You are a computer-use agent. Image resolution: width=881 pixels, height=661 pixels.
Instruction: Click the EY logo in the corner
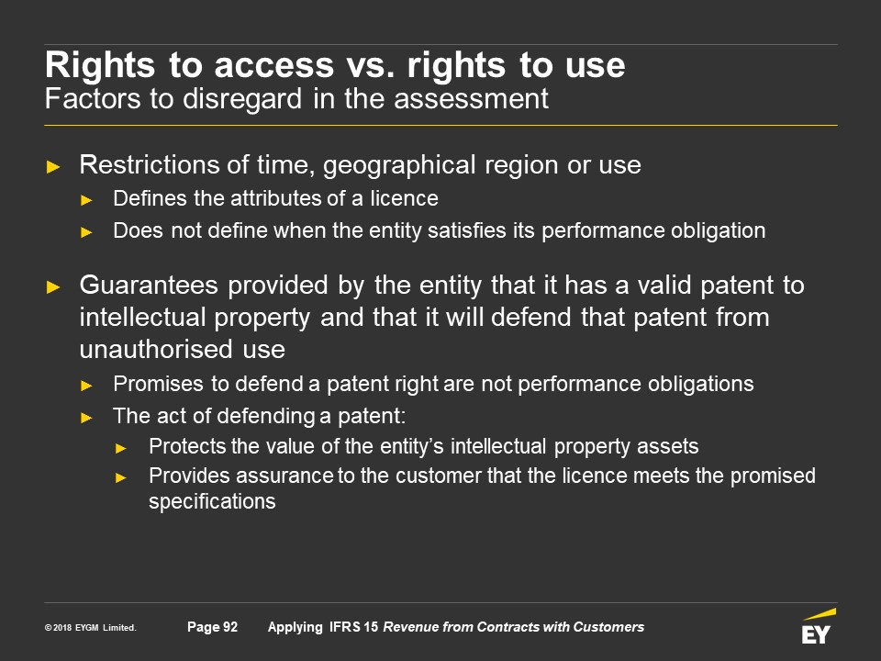pyautogui.click(x=818, y=626)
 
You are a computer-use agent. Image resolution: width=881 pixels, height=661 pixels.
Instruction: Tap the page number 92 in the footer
pyautogui.click(x=230, y=627)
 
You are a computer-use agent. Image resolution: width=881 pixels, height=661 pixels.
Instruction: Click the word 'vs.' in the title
pyautogui.click(x=370, y=65)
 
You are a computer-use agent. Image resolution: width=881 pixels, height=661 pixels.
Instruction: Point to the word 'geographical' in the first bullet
pyautogui.click(x=399, y=165)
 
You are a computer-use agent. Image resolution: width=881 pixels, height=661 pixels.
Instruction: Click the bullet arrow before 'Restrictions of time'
pyautogui.click(x=53, y=166)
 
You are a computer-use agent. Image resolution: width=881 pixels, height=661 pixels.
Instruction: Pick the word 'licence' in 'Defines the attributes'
pyautogui.click(x=404, y=198)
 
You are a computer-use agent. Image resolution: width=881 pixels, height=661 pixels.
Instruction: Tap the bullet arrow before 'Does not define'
pyautogui.click(x=86, y=232)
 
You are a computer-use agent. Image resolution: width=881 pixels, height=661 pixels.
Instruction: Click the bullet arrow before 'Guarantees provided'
pyautogui.click(x=53, y=287)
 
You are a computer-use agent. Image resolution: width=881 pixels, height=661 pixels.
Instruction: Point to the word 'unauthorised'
pyautogui.click(x=156, y=349)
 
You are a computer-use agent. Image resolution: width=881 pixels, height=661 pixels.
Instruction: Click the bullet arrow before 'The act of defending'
pyautogui.click(x=86, y=418)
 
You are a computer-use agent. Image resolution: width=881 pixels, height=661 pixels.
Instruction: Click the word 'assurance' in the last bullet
pyautogui.click(x=284, y=476)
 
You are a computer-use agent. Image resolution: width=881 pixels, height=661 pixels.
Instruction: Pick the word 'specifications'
pyautogui.click(x=212, y=501)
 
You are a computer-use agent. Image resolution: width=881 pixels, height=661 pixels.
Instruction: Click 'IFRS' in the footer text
pyautogui.click(x=344, y=627)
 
